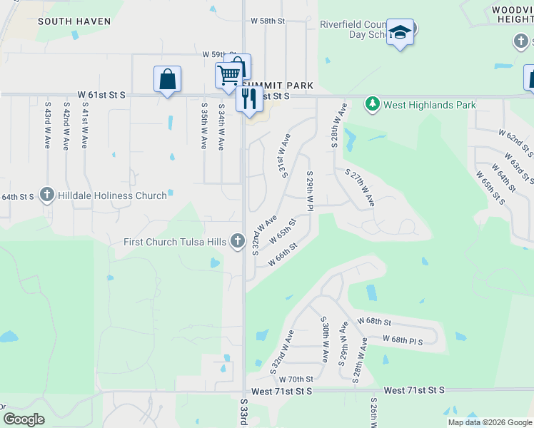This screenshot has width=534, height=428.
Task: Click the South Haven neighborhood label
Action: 74,21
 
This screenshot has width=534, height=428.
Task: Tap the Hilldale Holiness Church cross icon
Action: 47,194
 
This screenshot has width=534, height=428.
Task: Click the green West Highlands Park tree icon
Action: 372,105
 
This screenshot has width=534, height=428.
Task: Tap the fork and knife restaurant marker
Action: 249,97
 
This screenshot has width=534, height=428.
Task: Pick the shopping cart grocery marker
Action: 228,75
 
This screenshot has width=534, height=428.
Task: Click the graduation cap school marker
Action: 400,32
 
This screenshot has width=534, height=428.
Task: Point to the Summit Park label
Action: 283,86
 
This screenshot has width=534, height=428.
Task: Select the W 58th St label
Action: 268,21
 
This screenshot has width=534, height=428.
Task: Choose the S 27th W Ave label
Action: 360,188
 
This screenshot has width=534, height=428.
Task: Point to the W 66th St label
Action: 282,254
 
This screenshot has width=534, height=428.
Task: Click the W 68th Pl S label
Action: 403,340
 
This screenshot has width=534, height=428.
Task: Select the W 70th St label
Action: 296,379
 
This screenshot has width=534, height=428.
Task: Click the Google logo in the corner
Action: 24,419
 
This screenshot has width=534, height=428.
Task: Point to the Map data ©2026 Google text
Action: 489,422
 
